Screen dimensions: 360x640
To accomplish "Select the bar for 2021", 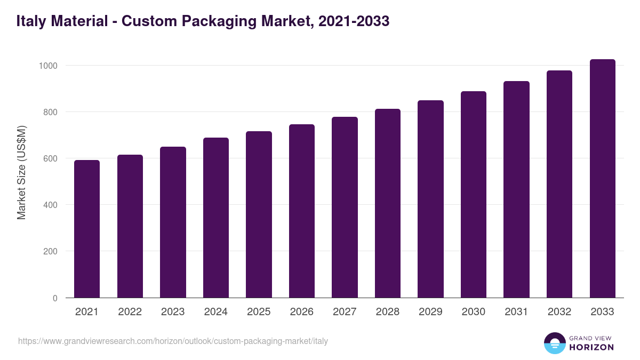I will [x=87, y=229].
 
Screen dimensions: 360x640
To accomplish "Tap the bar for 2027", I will [x=345, y=207].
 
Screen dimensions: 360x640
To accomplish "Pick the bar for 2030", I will [x=474, y=195].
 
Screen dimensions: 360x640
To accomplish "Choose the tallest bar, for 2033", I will [x=602, y=179].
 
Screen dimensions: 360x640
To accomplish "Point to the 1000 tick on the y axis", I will [x=49, y=66].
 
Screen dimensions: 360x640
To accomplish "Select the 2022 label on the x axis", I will [x=130, y=312].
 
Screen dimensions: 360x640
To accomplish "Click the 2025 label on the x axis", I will [x=259, y=312].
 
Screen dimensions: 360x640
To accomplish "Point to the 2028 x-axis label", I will [x=388, y=312].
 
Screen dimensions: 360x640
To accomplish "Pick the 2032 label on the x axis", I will [x=559, y=312].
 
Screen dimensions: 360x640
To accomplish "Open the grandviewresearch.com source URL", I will [x=173, y=341].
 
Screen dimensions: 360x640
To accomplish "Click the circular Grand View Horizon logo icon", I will [x=555, y=343].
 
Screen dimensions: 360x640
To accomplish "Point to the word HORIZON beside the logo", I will [x=591, y=347].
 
